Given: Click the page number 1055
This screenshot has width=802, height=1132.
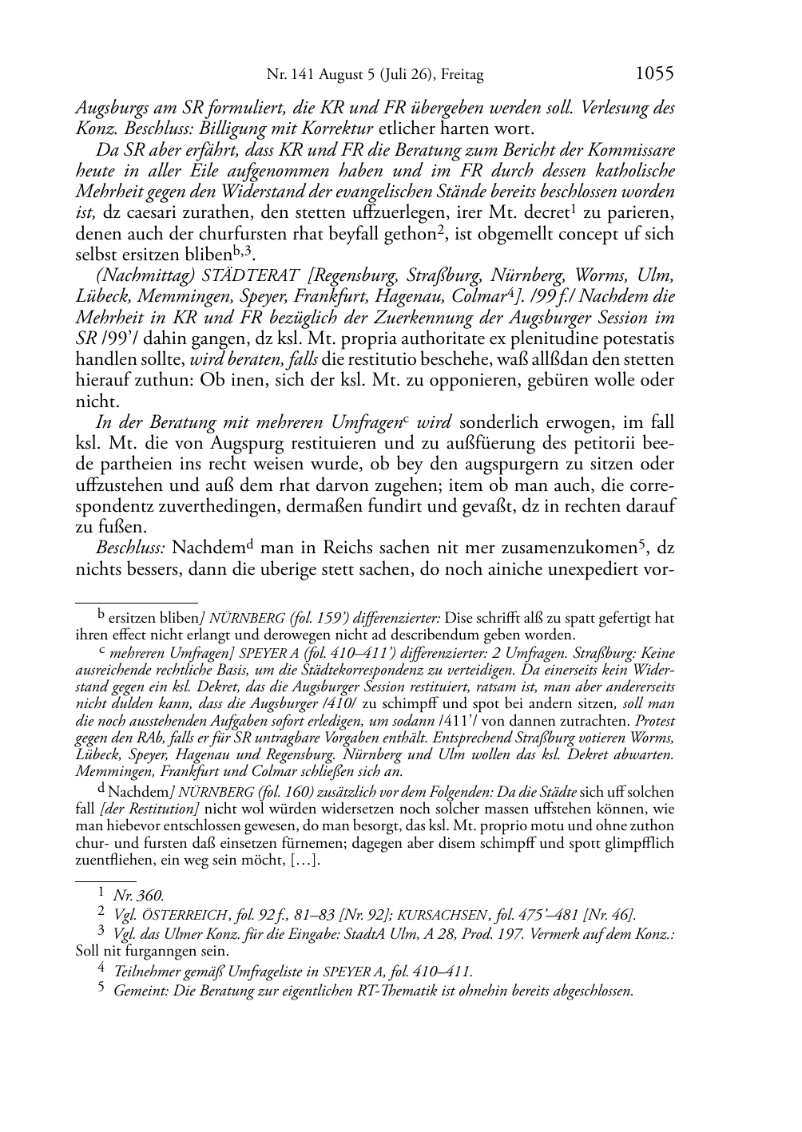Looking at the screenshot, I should coord(654,74).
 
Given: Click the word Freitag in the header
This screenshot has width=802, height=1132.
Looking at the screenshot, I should coord(462,76).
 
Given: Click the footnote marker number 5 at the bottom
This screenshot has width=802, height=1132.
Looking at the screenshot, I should coord(101,988).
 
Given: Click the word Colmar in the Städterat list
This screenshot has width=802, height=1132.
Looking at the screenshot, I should coord(601,297).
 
